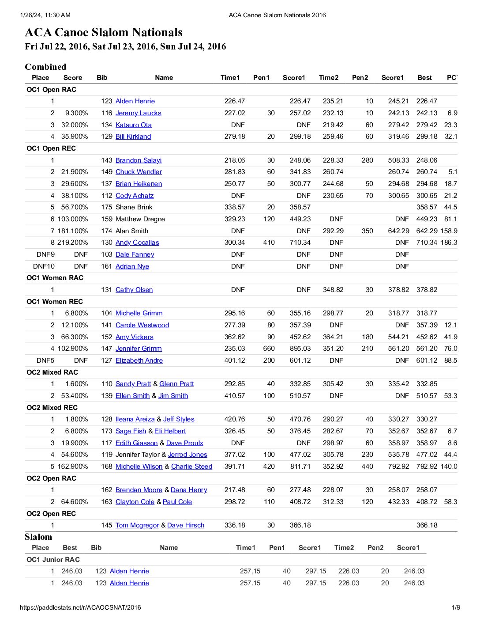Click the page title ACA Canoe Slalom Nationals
coord(104,32)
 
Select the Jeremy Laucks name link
coord(138,113)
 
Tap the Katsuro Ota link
coord(133,125)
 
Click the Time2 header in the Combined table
coord(329,78)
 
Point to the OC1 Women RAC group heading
coord(55,278)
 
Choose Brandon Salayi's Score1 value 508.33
coord(398,160)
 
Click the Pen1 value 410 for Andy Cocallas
coord(269,243)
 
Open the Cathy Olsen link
coord(134,290)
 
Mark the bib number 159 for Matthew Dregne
coord(106,219)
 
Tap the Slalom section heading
coord(38,537)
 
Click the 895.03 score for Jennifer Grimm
coord(300,349)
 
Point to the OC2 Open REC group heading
coord(51,514)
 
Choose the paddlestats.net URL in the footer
coord(80,607)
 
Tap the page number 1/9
coord(456,607)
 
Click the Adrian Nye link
coord(132,266)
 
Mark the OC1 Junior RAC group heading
coord(53,560)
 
